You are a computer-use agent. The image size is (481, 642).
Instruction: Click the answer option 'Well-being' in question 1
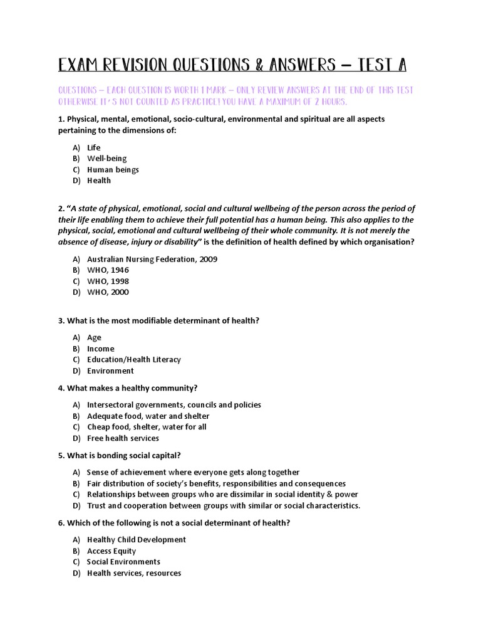click(106, 159)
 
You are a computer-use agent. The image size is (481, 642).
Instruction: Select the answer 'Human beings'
click(113, 170)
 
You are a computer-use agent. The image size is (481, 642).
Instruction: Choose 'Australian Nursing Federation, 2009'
click(152, 259)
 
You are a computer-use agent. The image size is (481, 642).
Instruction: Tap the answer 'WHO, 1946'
click(108, 270)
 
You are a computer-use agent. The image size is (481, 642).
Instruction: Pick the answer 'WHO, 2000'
click(108, 292)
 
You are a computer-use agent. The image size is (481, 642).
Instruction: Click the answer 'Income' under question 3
click(100, 349)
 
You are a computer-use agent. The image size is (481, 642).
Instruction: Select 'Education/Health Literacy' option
click(133, 359)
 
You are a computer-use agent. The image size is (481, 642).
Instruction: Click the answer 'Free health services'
click(123, 438)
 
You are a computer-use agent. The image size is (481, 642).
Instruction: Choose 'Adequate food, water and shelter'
click(148, 416)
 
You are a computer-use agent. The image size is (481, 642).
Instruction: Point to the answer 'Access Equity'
click(111, 551)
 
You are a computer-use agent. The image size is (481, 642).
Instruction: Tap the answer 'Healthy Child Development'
click(136, 540)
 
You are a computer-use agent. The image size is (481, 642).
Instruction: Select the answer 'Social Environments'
click(123, 562)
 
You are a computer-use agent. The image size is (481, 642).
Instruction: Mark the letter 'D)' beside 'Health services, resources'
click(76, 573)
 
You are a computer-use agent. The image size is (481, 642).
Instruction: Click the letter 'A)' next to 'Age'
click(76, 337)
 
